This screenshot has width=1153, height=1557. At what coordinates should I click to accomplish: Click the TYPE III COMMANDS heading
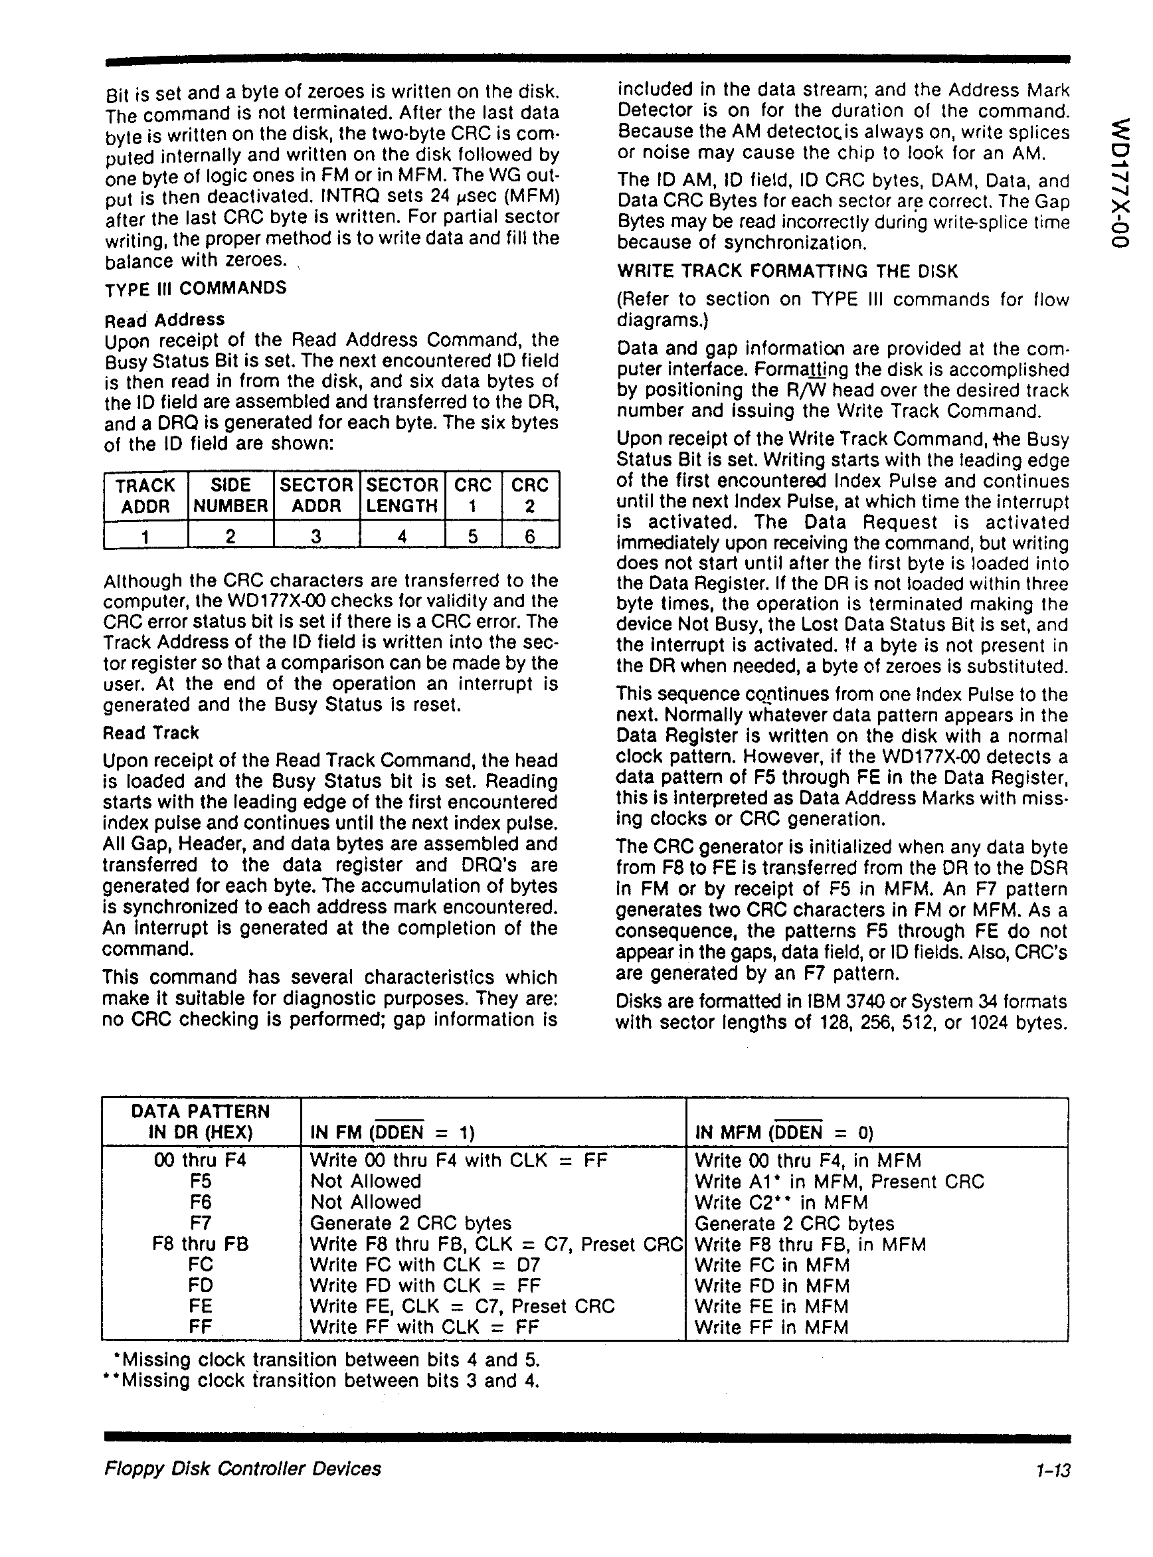point(195,288)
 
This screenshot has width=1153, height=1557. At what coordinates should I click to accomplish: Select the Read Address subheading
point(165,320)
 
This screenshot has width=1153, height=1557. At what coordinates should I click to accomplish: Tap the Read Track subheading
point(151,733)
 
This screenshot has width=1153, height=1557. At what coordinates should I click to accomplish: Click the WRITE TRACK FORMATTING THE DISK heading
point(787,271)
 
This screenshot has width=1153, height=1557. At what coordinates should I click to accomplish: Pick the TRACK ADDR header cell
point(145,496)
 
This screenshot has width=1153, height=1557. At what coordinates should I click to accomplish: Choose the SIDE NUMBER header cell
point(230,496)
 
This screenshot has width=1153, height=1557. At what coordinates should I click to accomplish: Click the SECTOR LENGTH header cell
point(402,496)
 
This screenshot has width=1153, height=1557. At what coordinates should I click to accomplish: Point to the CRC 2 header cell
point(530,496)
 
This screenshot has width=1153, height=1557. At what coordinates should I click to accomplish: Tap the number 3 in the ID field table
point(316,536)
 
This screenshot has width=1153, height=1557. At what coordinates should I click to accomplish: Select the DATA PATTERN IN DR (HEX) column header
point(201,1121)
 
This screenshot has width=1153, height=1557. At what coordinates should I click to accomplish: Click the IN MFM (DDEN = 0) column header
point(784,1131)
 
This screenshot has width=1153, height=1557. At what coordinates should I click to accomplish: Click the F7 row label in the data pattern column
point(201,1223)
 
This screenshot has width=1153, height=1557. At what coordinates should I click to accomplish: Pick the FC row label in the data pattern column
point(201,1265)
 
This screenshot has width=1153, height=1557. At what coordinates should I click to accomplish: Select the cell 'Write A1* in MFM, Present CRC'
point(840,1182)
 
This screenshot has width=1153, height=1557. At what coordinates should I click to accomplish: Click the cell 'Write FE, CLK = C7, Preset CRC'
point(462,1306)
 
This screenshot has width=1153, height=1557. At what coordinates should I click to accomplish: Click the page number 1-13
point(1053,1469)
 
